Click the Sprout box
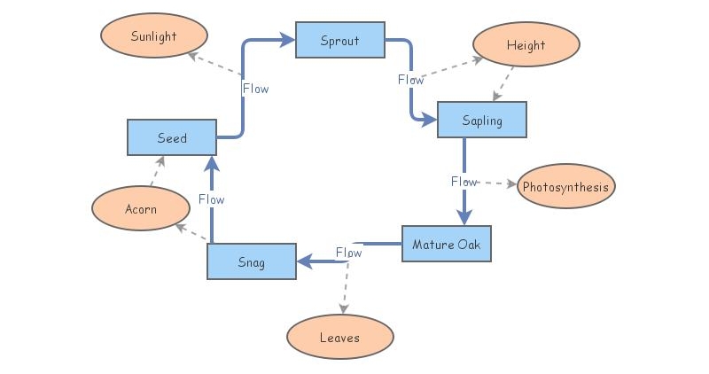point(339,41)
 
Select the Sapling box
point(481,120)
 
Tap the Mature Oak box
point(446,244)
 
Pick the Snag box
point(251,261)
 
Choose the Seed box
point(172,137)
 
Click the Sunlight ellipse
point(153,36)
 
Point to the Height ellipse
point(526,45)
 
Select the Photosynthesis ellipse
point(565,187)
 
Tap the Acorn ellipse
point(141,209)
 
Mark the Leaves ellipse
point(339,338)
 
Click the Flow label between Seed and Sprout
point(255,89)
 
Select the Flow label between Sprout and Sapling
point(411,80)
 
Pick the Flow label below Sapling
point(464,182)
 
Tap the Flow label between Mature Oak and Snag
point(348,253)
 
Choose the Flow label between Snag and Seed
point(211,199)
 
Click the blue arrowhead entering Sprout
point(287,40)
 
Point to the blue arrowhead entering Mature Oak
point(464,218)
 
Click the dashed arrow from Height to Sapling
point(503,84)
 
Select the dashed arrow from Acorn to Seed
point(156,172)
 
